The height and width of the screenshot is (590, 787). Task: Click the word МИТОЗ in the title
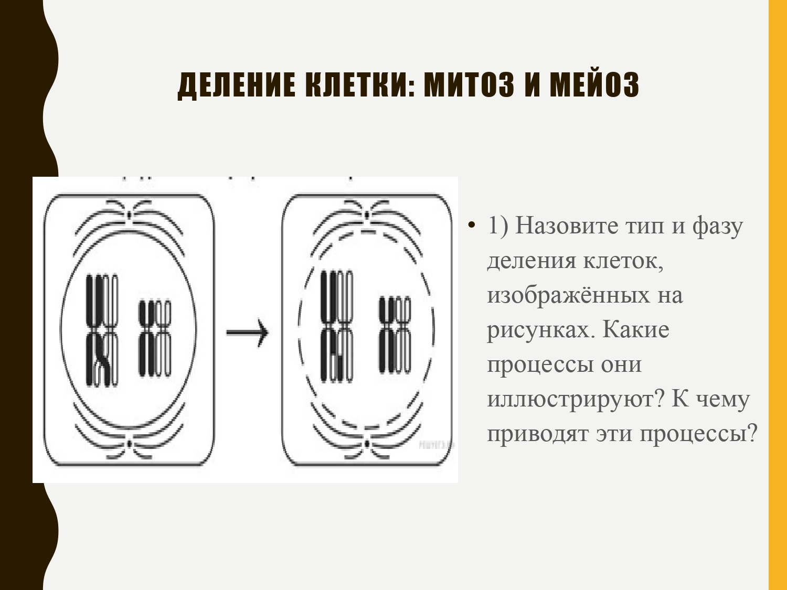coord(469,84)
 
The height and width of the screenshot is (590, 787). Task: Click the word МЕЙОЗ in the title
coord(594,84)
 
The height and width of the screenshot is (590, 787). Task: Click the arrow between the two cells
coord(247,332)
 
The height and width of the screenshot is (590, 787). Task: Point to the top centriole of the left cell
coord(129,214)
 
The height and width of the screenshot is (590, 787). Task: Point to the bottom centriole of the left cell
coord(129,444)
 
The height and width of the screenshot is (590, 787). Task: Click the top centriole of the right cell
coord(367,214)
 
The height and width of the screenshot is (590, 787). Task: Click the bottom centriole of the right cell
coord(367,444)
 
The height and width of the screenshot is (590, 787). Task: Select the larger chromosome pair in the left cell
coord(102,330)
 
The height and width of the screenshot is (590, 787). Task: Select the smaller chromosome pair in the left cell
coord(155,338)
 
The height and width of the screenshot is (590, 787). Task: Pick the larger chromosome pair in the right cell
coord(337,326)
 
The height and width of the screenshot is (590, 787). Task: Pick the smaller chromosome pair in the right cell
coord(395,335)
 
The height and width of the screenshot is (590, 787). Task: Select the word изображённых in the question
coord(569,296)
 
